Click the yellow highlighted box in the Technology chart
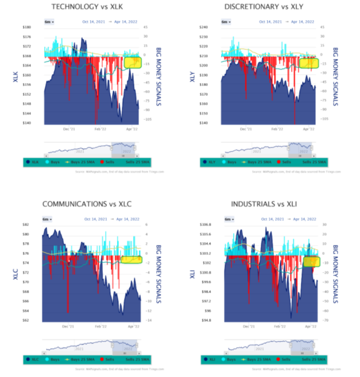[x=133, y=62]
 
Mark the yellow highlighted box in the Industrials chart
[x=312, y=261]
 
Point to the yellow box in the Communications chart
[x=132, y=259]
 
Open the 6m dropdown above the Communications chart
[x=48, y=219]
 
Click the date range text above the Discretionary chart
[x=287, y=22]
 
